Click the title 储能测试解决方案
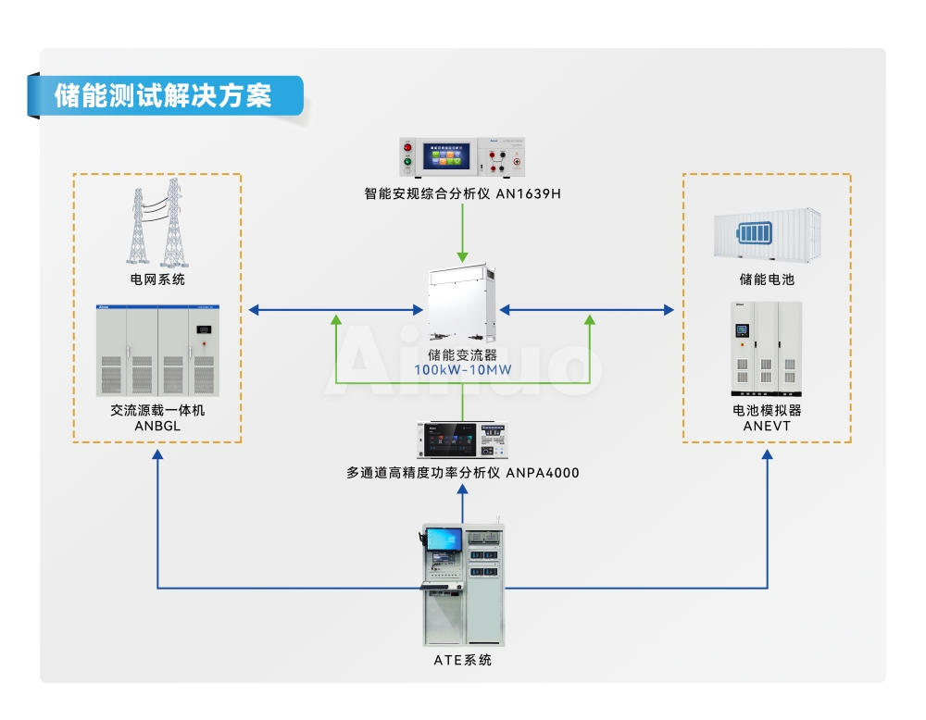pos(163,95)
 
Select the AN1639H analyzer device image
pos(462,157)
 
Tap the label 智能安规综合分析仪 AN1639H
pos(462,193)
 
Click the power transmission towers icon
pos(156,222)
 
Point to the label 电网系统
pos(157,279)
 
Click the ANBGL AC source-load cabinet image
pos(157,351)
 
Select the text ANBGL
pos(157,426)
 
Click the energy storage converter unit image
pos(462,303)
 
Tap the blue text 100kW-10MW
pos(462,370)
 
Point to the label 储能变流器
pos(462,354)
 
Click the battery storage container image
pos(767,234)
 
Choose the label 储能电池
pos(767,279)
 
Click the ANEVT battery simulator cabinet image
pos(766,349)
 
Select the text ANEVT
pos(767,426)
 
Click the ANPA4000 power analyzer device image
pos(462,440)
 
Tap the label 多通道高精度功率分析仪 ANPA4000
pos(462,473)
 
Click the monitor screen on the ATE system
pos(444,539)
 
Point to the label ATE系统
pos(462,660)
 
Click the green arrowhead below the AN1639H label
pos(462,257)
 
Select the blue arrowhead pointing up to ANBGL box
pos(157,454)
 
